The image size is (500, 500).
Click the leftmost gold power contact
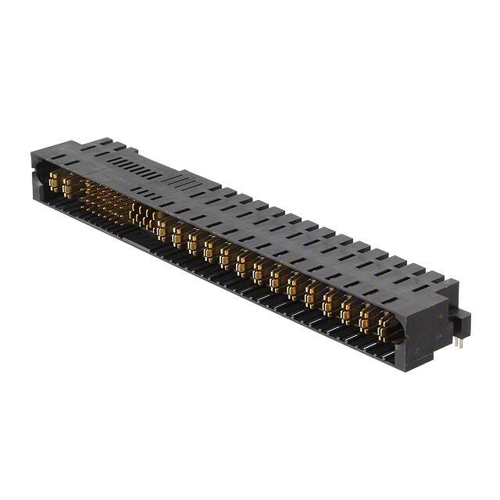pos(53,181)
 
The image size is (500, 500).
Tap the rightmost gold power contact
pos(385,326)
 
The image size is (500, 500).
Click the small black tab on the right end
pos(462,321)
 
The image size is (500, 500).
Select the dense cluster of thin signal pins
pos(109,199)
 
